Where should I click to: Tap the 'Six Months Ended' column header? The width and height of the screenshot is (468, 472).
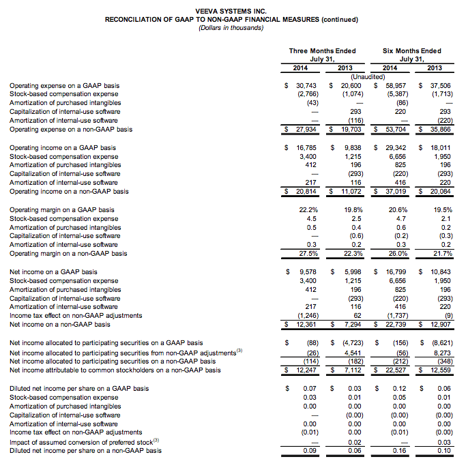[x=411, y=50]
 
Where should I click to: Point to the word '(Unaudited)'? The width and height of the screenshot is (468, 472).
[x=366, y=77]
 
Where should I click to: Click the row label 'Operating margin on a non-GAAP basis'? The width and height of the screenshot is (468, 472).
[x=68, y=254]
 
